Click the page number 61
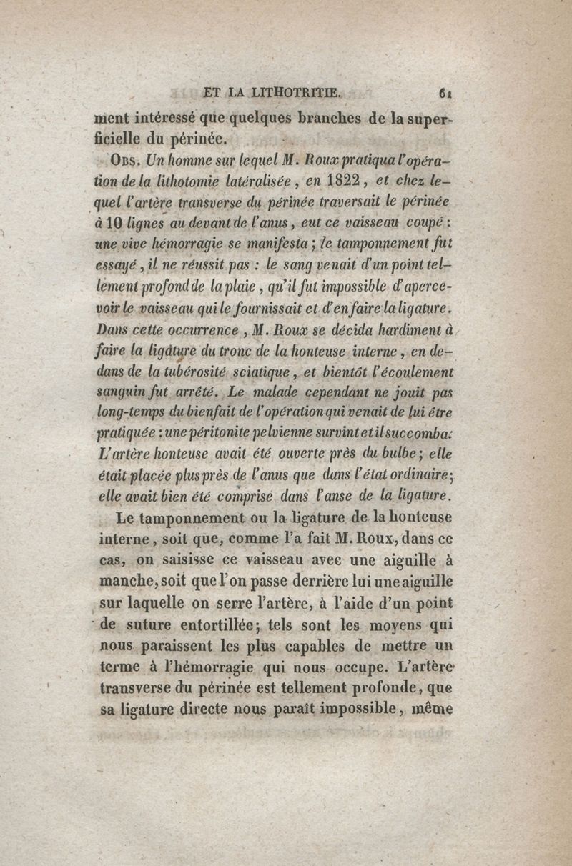[x=448, y=91]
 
